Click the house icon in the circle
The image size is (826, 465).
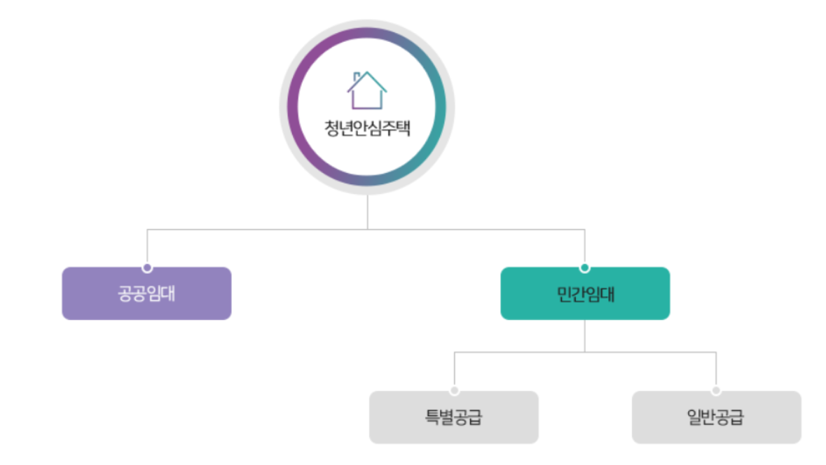(366, 90)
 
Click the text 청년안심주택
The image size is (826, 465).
(367, 129)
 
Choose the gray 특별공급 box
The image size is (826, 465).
(453, 417)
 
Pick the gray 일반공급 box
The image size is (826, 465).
(716, 417)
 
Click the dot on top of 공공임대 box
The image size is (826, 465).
(147, 268)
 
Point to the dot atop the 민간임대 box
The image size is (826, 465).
(585, 268)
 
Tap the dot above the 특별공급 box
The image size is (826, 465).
(454, 391)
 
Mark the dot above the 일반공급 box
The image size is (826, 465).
(716, 391)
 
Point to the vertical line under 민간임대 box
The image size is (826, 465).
(585, 336)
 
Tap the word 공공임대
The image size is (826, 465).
(146, 293)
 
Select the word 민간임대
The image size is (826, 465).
(585, 293)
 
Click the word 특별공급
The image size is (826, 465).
(453, 417)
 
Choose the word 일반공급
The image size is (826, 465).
(716, 417)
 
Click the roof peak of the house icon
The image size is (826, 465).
(367, 73)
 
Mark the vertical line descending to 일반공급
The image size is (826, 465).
(716, 369)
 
